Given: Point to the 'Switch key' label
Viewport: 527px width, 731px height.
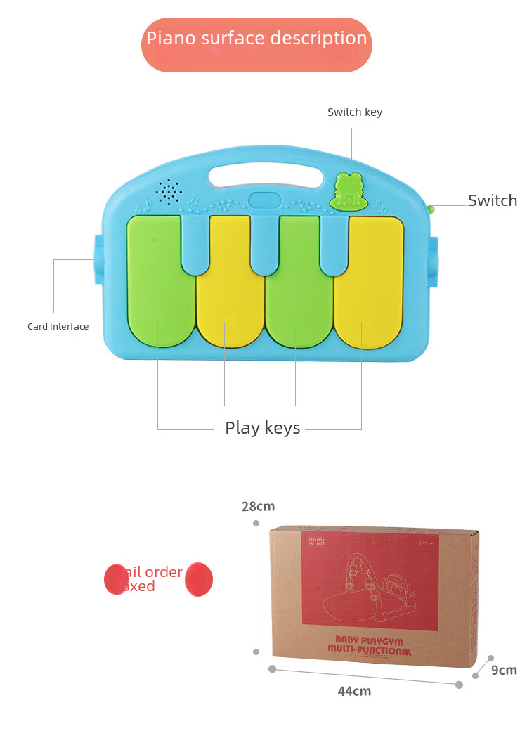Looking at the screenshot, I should point(355,112).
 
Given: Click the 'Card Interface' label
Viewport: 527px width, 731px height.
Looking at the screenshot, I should point(58,326).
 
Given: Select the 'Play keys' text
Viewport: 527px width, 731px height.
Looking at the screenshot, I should point(263,427).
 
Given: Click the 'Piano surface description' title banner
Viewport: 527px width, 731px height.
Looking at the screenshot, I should point(256,39).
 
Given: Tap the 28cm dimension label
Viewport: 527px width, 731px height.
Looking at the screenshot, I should point(258,506).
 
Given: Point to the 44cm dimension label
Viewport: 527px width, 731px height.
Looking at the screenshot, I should point(354,691).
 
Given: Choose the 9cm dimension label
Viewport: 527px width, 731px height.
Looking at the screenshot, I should point(504,670).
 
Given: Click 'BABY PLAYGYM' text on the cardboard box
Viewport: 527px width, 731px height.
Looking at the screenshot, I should point(369,640).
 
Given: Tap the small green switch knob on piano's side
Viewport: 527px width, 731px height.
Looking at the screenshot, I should point(431,209).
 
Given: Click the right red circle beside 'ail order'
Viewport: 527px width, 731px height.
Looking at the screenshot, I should point(199,579).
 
